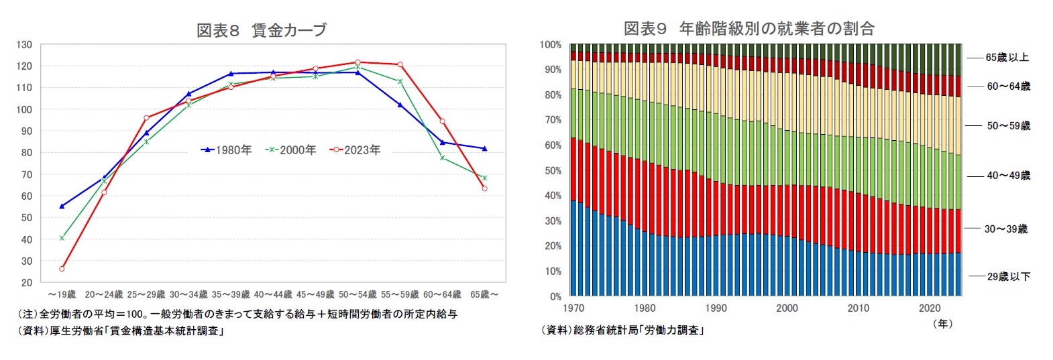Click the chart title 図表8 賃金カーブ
[262, 30]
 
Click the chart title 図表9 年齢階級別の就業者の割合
[749, 28]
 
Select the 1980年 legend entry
[227, 150]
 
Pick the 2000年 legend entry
[291, 150]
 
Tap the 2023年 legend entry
[355, 150]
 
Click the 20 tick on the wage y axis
[26, 283]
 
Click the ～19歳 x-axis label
[62, 294]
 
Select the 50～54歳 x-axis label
[357, 294]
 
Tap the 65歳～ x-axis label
[484, 294]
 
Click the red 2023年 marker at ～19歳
[62, 269]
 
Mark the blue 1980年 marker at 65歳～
[484, 149]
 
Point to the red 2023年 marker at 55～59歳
[400, 64]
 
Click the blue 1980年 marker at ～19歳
[62, 206]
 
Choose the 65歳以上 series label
[1007, 58]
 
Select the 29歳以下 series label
[1008, 276]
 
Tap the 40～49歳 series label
[1008, 176]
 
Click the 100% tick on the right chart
[551, 45]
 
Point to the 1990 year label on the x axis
[716, 308]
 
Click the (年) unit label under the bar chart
[942, 324]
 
